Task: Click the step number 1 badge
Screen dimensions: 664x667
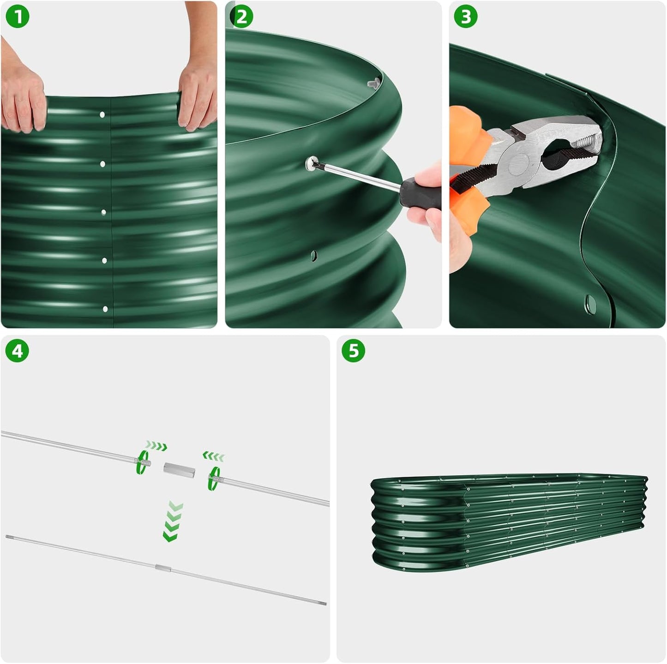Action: click(x=17, y=17)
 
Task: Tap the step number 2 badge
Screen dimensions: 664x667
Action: click(x=241, y=17)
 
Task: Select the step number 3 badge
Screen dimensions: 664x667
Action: click(x=466, y=17)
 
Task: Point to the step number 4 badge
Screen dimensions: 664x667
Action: click(x=17, y=351)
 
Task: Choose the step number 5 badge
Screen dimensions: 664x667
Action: click(x=353, y=351)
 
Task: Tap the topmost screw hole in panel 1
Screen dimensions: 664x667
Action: click(x=102, y=114)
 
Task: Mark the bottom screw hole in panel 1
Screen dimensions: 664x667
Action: click(x=105, y=309)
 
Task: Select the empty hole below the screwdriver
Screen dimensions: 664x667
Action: click(x=314, y=255)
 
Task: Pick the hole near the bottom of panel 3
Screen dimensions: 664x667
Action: click(x=591, y=303)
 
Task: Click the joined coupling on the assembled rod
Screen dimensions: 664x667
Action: click(x=163, y=568)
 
